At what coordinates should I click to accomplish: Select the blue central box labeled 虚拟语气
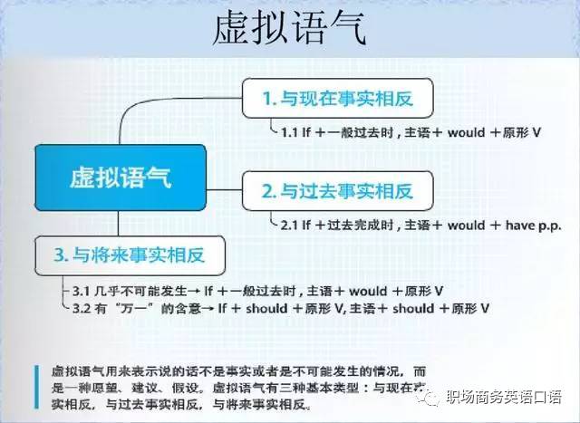click(x=121, y=176)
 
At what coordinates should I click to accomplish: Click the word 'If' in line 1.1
click(x=309, y=132)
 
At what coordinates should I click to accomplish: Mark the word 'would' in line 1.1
click(x=458, y=132)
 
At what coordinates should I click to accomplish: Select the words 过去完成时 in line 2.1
click(x=349, y=222)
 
